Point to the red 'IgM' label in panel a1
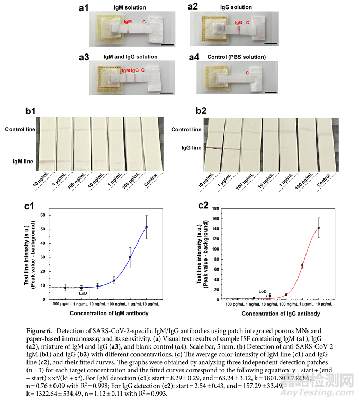128,22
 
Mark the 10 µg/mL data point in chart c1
147,227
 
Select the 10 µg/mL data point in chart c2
319,228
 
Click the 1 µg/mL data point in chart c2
302,265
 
